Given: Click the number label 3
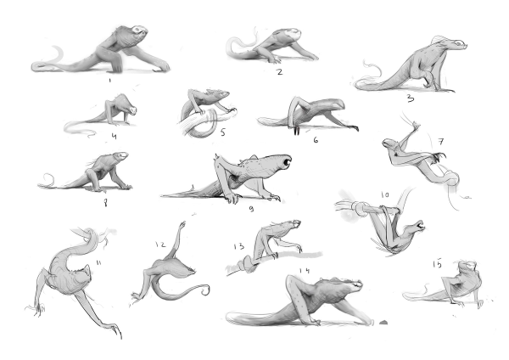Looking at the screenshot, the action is (411, 98).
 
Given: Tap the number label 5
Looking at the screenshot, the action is (222, 132).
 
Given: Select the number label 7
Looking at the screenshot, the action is (440, 142).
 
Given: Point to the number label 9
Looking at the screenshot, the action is (251, 209).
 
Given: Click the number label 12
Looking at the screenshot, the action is (160, 245).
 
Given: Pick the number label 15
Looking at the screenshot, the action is (437, 264).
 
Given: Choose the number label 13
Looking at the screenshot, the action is (239, 246).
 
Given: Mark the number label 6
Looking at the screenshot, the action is (316, 140).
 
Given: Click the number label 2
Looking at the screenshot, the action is (279, 72).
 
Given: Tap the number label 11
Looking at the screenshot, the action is (98, 263).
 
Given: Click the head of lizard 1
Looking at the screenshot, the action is (140, 32).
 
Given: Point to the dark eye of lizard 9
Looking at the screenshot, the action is (287, 161).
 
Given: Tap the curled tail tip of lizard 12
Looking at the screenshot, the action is (206, 290).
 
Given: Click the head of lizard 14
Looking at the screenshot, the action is (351, 284).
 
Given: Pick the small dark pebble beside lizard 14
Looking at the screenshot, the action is (383, 323).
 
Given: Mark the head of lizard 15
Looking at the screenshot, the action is (467, 267).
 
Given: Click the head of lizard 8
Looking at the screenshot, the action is (120, 156).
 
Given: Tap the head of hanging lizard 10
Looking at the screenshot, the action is (417, 226).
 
